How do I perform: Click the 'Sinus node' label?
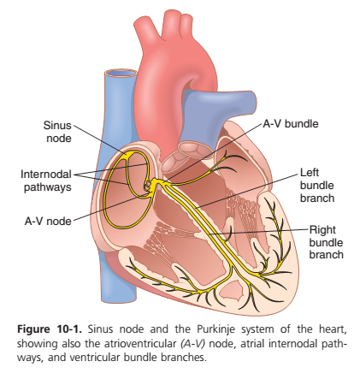[x=57, y=132]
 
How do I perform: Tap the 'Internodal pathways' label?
[x=46, y=181]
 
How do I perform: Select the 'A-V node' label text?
[x=48, y=222]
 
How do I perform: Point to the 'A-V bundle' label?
[x=291, y=124]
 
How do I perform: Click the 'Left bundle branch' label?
[x=317, y=186]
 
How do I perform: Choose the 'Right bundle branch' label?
[x=326, y=242]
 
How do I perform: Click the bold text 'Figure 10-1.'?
[x=50, y=329]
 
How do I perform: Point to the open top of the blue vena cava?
[x=120, y=74]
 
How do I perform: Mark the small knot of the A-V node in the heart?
[x=148, y=186]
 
